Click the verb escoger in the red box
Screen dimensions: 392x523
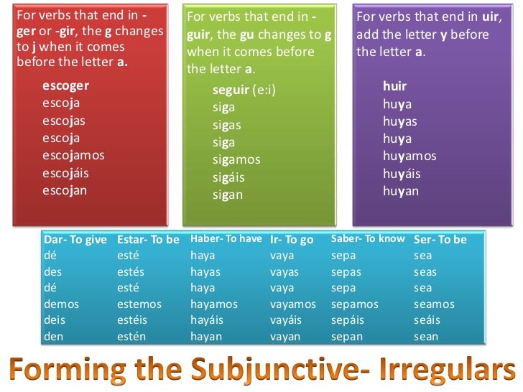pyautogui.click(x=65, y=86)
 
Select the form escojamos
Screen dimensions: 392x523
pyautogui.click(x=73, y=155)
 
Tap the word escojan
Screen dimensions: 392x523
pyautogui.click(x=65, y=190)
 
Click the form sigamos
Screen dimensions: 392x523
pyautogui.click(x=236, y=159)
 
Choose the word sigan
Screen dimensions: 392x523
pyautogui.click(x=228, y=195)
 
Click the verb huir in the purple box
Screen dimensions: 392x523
pyautogui.click(x=395, y=86)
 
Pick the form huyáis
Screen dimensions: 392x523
pyautogui.click(x=402, y=174)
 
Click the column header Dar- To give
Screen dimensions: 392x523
pyautogui.click(x=75, y=240)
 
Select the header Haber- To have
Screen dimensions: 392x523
pyautogui.click(x=226, y=239)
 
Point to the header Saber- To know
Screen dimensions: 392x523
pyautogui.click(x=368, y=239)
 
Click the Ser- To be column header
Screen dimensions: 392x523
pyautogui.click(x=440, y=240)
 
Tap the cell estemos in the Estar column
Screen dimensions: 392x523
pyautogui.click(x=139, y=304)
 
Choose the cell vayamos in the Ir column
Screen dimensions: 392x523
pyautogui.click(x=293, y=304)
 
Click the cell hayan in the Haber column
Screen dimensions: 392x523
pyautogui.click(x=206, y=336)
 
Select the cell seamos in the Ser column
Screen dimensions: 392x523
pyautogui.click(x=434, y=304)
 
